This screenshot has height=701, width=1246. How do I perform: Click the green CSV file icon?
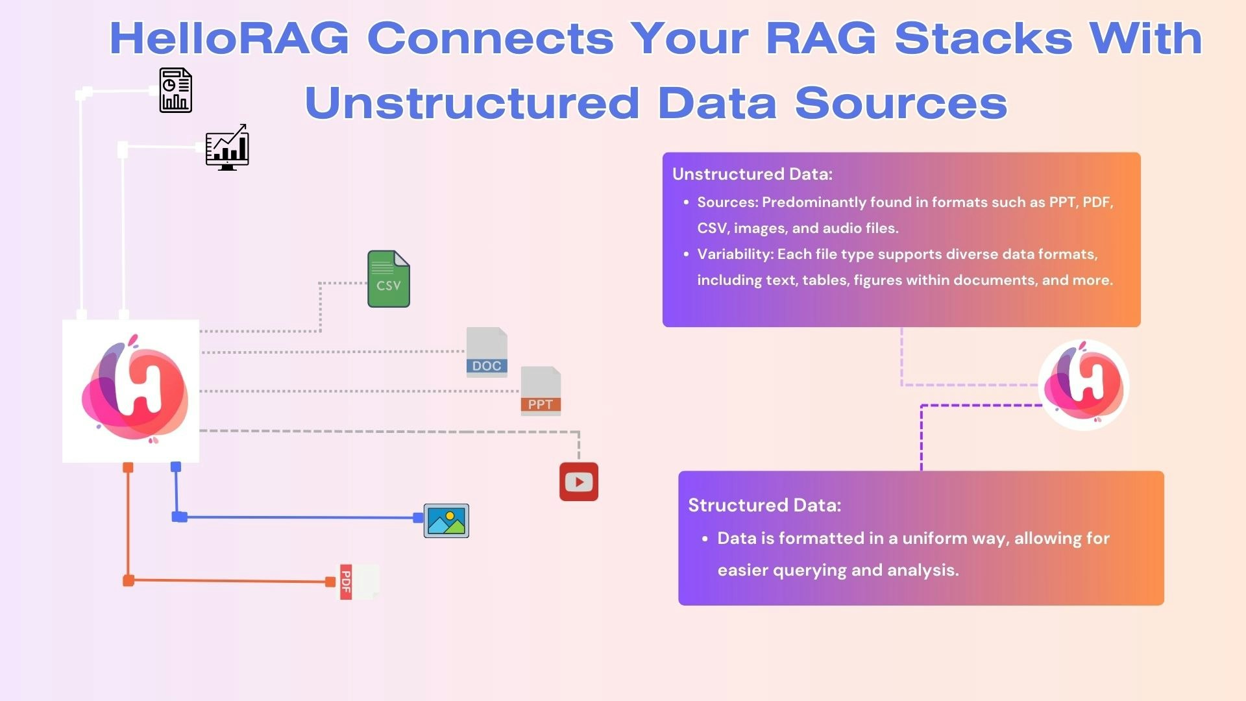click(389, 279)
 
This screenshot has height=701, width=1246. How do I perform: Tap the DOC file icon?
click(487, 352)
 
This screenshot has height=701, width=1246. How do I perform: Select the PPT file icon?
click(541, 391)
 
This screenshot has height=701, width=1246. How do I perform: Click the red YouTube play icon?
click(579, 482)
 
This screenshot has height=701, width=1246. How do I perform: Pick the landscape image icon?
click(446, 521)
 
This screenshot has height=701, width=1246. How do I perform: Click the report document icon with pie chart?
click(176, 90)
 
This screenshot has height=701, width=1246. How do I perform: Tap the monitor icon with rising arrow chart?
click(227, 147)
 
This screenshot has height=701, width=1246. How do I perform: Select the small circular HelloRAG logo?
click(1084, 385)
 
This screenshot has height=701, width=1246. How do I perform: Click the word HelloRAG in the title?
click(229, 38)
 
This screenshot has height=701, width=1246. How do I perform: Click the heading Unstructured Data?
click(752, 174)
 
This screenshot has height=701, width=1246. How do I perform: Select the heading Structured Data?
click(764, 505)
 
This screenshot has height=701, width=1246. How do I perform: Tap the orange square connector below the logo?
click(128, 467)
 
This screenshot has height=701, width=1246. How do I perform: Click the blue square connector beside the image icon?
click(418, 517)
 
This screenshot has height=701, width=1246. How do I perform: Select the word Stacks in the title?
click(983, 38)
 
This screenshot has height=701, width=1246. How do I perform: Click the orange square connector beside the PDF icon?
click(330, 582)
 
